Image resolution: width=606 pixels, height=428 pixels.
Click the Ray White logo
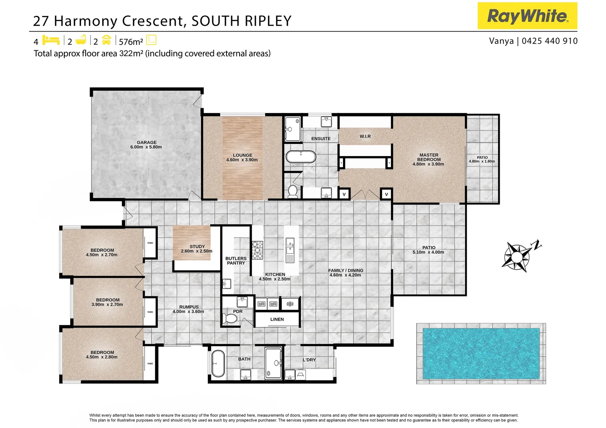[x=527, y=16]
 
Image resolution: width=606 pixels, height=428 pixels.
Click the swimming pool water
[x=481, y=353]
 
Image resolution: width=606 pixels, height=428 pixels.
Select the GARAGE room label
[x=146, y=143]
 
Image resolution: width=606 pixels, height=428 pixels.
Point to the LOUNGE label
[x=242, y=155]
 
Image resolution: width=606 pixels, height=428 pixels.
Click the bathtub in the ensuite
[x=301, y=157]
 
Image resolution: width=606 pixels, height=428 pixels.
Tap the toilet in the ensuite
[x=293, y=191]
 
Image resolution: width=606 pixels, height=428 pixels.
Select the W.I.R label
[x=365, y=136]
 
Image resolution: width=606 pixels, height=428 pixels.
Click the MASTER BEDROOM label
[x=429, y=157]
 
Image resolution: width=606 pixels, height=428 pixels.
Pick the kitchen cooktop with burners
[x=257, y=250]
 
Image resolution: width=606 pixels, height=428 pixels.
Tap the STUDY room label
[x=197, y=246]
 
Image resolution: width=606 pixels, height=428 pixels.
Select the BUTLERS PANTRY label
[x=236, y=261]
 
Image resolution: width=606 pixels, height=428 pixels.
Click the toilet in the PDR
[x=229, y=318]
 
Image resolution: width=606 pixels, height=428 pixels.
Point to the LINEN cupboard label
[x=277, y=319]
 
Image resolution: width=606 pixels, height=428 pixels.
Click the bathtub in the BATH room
[x=218, y=363]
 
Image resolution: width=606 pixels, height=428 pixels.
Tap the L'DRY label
[x=309, y=360]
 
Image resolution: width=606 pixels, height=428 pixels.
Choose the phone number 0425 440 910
[x=550, y=41]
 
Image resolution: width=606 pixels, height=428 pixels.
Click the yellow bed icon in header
[x=50, y=40]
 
